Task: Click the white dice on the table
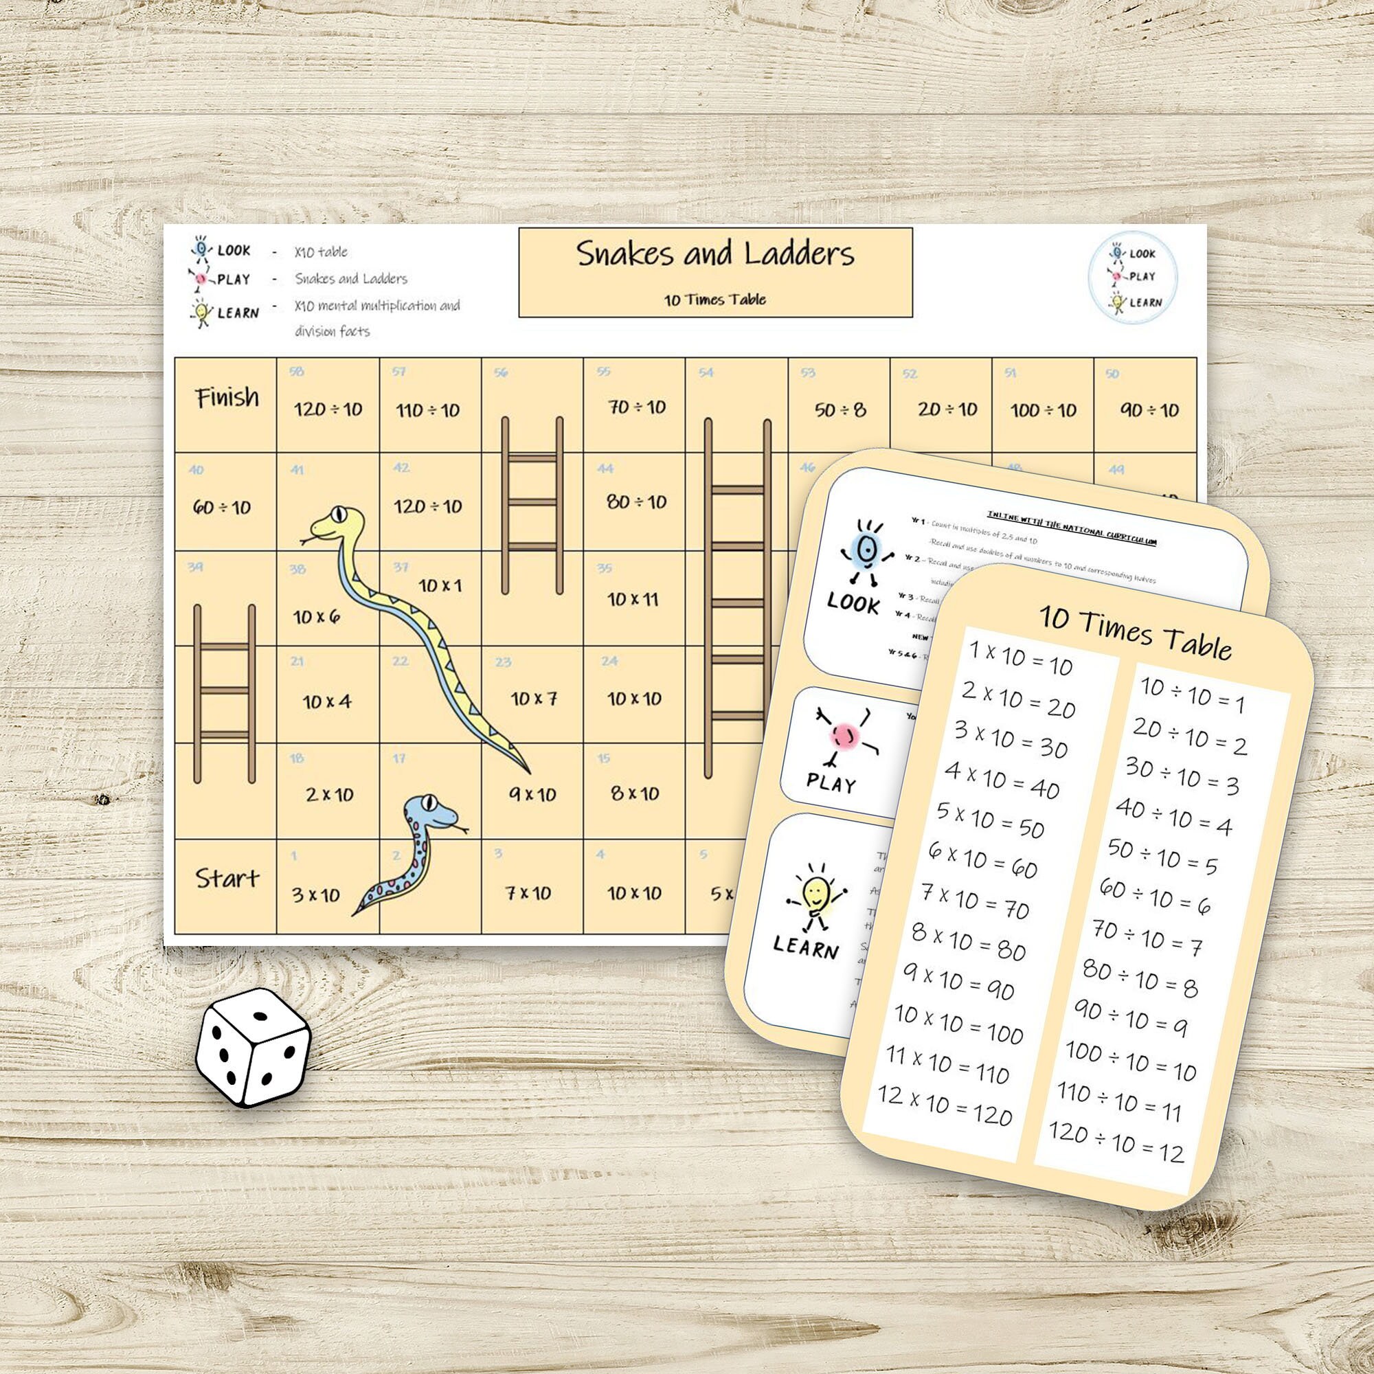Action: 252,1047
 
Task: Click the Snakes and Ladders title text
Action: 714,255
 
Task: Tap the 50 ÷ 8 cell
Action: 840,409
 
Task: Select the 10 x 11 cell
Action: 633,600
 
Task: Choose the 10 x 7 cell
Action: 533,699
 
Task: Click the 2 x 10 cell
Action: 329,794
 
